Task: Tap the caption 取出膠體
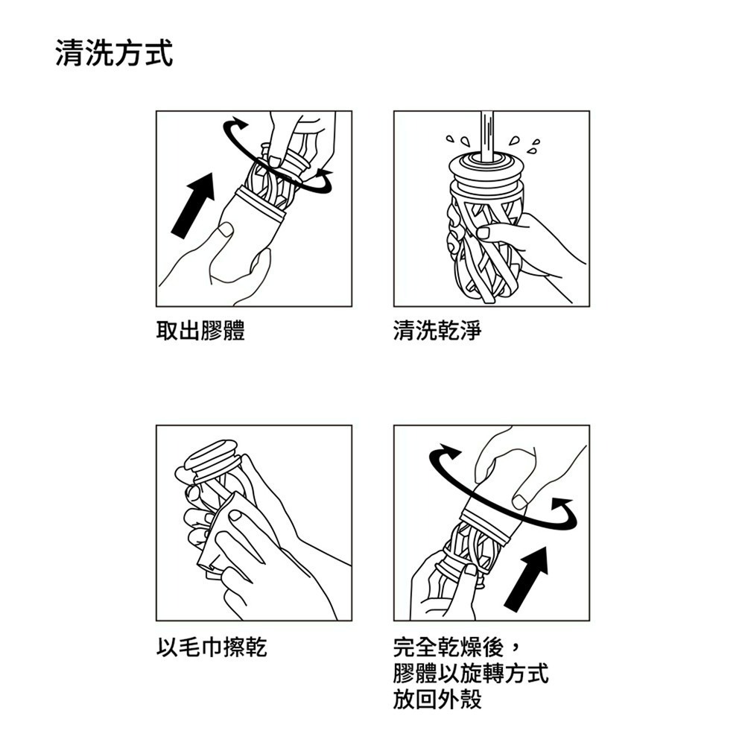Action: (x=200, y=331)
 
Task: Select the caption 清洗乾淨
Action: (x=438, y=331)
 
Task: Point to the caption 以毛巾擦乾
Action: (x=212, y=647)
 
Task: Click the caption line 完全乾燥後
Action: (x=454, y=647)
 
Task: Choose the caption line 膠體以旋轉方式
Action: (x=471, y=673)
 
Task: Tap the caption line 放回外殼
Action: (x=438, y=700)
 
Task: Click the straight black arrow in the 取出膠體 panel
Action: (x=192, y=205)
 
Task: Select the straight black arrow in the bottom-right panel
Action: (x=527, y=577)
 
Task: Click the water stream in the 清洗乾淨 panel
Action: (x=487, y=134)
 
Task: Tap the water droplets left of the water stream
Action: (x=457, y=140)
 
